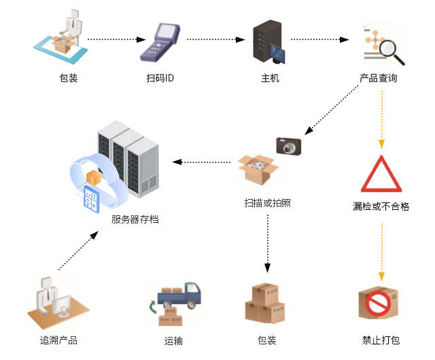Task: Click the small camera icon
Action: [x=288, y=145]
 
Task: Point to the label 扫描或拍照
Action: [x=267, y=202]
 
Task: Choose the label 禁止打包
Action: [x=381, y=340]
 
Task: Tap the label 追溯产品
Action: [x=58, y=340]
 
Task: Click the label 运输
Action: [x=173, y=340]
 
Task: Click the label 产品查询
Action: [x=379, y=78]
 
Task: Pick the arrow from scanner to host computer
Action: [x=214, y=39]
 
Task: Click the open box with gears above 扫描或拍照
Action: [x=257, y=169]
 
